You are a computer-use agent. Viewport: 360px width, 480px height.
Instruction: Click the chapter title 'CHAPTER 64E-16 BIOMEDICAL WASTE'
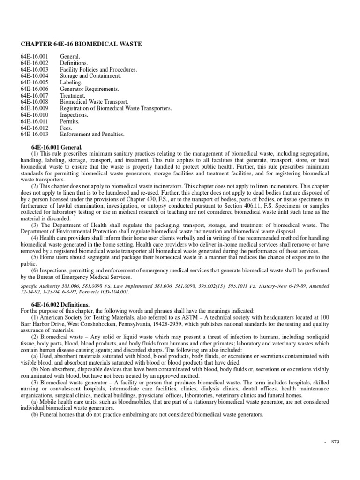point(81,44)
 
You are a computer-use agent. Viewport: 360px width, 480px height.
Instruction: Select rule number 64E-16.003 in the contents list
point(34,69)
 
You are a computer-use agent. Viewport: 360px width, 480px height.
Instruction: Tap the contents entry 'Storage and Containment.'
point(90,76)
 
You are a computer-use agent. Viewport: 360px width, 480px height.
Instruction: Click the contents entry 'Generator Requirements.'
point(89,89)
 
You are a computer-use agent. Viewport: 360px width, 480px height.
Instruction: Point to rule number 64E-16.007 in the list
point(34,95)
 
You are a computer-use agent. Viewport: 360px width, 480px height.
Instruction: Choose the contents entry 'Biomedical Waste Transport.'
point(94,102)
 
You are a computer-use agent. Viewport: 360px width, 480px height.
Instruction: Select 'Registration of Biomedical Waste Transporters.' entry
point(116,108)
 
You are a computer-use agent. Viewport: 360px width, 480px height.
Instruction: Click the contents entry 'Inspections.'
point(74,115)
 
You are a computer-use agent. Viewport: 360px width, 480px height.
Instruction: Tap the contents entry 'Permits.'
point(70,121)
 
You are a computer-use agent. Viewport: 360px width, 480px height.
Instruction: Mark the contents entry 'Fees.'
point(66,128)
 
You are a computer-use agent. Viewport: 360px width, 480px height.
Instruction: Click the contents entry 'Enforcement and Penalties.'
point(92,135)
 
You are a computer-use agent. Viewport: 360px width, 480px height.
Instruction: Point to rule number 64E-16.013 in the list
point(34,135)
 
